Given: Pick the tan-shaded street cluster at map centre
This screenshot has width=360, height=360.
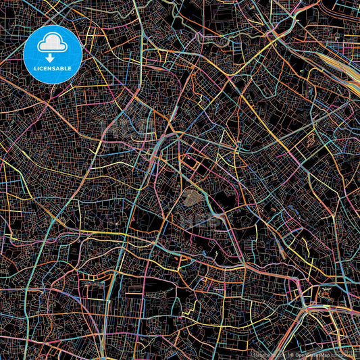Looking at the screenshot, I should (192, 197).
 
